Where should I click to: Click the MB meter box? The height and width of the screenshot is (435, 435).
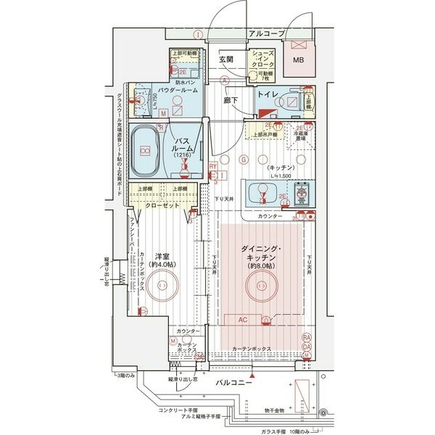click(298, 60)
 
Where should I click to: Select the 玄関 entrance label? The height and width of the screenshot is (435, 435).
click(225, 59)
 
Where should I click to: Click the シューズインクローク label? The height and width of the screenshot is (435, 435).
click(262, 59)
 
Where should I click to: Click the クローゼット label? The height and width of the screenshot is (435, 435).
click(165, 205)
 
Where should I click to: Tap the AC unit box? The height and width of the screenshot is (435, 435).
click(245, 319)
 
